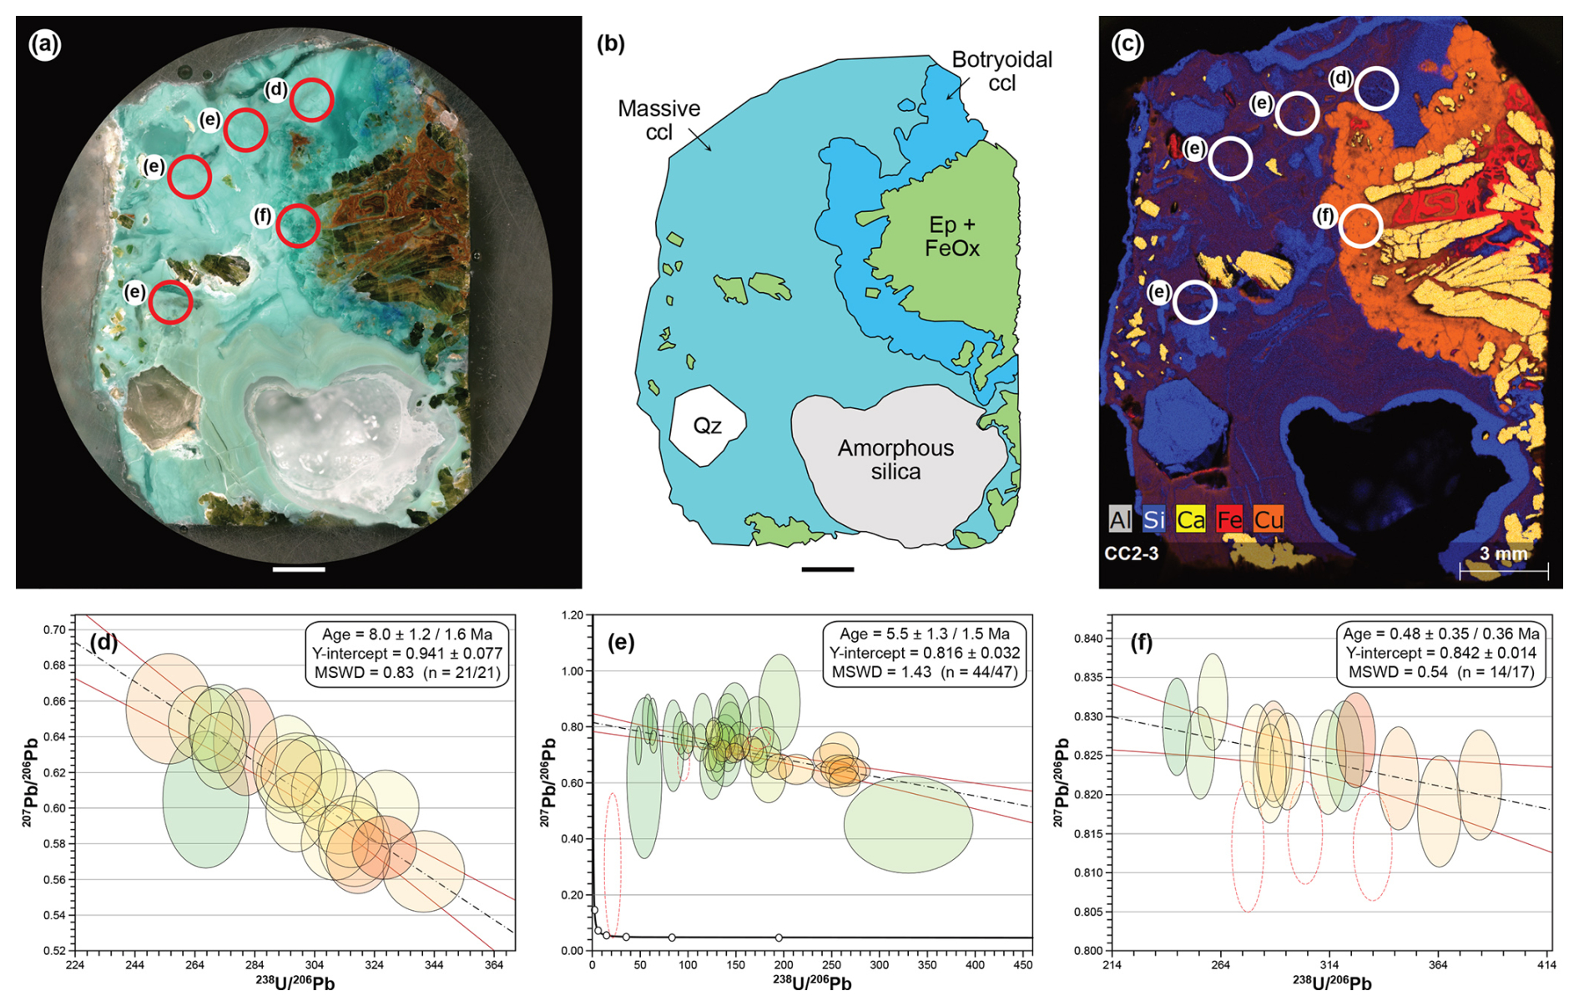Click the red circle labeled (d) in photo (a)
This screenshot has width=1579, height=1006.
pyautogui.click(x=311, y=99)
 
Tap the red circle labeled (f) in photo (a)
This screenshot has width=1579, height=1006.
pyautogui.click(x=297, y=225)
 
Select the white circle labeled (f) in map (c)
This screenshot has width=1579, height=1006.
pyautogui.click(x=1360, y=225)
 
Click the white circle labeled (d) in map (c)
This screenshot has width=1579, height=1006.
pyautogui.click(x=1375, y=88)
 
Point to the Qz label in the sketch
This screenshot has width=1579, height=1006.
pyautogui.click(x=707, y=426)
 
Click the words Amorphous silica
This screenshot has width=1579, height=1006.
pyautogui.click(x=895, y=460)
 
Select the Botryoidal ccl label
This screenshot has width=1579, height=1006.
pyautogui.click(x=1001, y=71)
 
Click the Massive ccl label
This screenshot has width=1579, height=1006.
pyautogui.click(x=658, y=120)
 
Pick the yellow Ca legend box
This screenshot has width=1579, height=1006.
pyautogui.click(x=1190, y=519)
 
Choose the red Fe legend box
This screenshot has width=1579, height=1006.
pyautogui.click(x=1229, y=519)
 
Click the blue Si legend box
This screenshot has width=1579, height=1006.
pyautogui.click(x=1153, y=519)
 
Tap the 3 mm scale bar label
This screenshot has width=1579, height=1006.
pyautogui.click(x=1503, y=554)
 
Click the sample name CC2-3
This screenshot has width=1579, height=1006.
pyautogui.click(x=1131, y=554)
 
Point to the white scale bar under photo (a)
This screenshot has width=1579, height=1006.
pyautogui.click(x=298, y=569)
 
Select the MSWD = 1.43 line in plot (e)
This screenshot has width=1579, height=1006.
pyautogui.click(x=924, y=672)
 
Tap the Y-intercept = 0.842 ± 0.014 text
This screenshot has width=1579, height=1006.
pyautogui.click(x=1440, y=653)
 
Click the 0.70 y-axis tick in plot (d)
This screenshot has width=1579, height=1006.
pyautogui.click(x=55, y=629)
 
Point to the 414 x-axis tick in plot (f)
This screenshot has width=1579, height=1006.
pyautogui.click(x=1546, y=965)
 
